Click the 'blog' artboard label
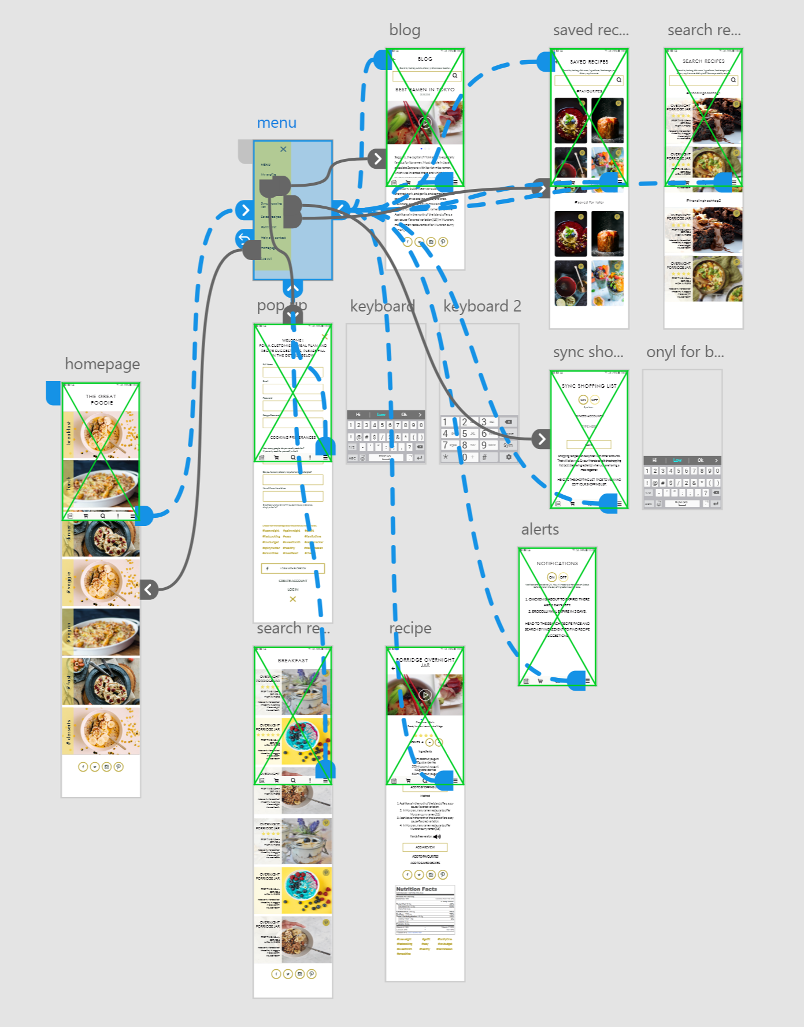(405, 30)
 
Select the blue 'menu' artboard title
(276, 123)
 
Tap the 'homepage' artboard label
(102, 364)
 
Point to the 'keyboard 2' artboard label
(482, 306)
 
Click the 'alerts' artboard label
(540, 529)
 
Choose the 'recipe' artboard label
(410, 628)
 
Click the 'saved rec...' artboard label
(590, 30)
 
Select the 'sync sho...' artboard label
(588, 352)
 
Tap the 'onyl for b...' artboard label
(684, 352)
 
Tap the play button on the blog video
(425, 123)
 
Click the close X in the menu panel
(283, 149)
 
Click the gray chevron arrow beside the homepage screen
(149, 589)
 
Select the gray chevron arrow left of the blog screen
(377, 158)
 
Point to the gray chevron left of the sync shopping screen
(541, 439)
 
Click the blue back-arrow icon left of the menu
(244, 238)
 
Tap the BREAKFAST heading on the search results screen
(293, 660)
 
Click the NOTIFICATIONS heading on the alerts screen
(557, 563)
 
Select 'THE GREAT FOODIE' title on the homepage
(101, 399)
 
